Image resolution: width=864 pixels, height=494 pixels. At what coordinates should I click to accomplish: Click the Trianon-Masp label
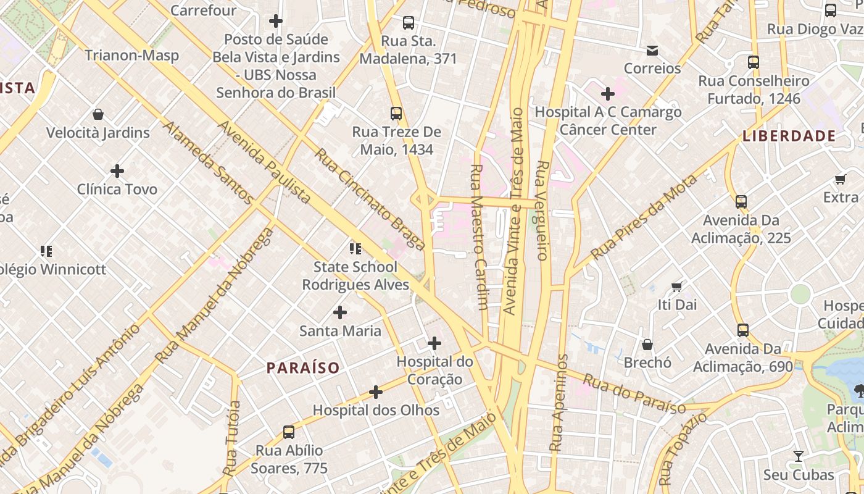[132, 56]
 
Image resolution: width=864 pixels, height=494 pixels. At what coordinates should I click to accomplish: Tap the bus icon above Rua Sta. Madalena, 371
[409, 23]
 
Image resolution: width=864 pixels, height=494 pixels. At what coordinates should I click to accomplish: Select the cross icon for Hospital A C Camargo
[608, 94]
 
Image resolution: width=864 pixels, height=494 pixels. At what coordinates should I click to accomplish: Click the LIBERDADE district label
[789, 136]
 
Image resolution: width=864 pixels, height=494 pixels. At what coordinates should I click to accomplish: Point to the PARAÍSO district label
[303, 368]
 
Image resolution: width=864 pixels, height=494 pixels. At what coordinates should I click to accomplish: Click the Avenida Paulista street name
[264, 162]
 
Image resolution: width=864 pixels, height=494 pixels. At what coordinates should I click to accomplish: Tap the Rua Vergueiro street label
[542, 210]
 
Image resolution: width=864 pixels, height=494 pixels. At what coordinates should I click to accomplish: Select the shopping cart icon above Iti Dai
[677, 287]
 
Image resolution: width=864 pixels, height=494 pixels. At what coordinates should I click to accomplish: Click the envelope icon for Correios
[652, 50]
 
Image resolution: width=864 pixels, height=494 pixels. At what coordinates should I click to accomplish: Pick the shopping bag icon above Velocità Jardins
[98, 114]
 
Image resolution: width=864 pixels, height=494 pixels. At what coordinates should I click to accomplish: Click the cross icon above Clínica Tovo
[117, 170]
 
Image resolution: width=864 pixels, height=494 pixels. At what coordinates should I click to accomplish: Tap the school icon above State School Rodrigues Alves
[355, 249]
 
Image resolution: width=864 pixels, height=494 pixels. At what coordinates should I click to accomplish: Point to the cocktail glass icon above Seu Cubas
[799, 456]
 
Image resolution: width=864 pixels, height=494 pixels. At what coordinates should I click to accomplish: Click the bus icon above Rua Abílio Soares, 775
[289, 432]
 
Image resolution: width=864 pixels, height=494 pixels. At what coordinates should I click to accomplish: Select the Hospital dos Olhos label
[376, 410]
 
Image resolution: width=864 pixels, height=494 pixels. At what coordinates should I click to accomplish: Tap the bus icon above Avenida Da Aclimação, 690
[743, 330]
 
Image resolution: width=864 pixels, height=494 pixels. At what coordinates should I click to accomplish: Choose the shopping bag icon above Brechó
[647, 344]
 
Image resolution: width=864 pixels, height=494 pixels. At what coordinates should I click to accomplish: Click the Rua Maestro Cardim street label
[479, 237]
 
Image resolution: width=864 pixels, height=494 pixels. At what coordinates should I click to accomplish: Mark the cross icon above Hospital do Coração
[434, 343]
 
